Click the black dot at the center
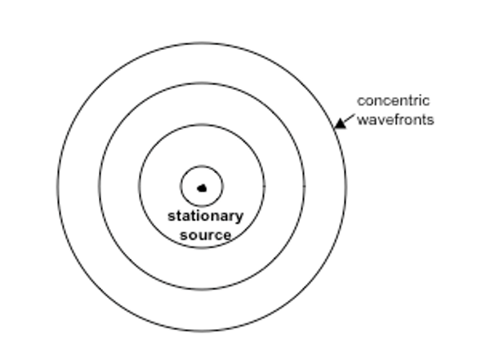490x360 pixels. pos(203,188)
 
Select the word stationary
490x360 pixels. pos(206,216)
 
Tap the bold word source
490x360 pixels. pos(206,235)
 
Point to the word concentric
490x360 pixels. pos(394,101)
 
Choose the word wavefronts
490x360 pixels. pos(395,120)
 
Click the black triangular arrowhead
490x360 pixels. pos(340,123)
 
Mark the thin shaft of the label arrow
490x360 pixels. pos(350,118)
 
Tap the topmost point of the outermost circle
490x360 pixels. pos(202,42)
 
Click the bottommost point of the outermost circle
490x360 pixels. pos(202,331)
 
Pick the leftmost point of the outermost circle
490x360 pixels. pos(57,187)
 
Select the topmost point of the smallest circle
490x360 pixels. pos(202,166)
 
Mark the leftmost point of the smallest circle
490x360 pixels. pos(180,186)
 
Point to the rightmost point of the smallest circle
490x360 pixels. pos(223,186)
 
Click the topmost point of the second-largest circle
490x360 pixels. pos(202,83)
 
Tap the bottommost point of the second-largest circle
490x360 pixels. pos(202,290)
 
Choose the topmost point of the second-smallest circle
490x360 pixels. pos(202,125)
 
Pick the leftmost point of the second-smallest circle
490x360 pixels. pos(139,186)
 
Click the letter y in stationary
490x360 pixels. pos(240,218)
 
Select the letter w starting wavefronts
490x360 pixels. pos(362,121)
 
